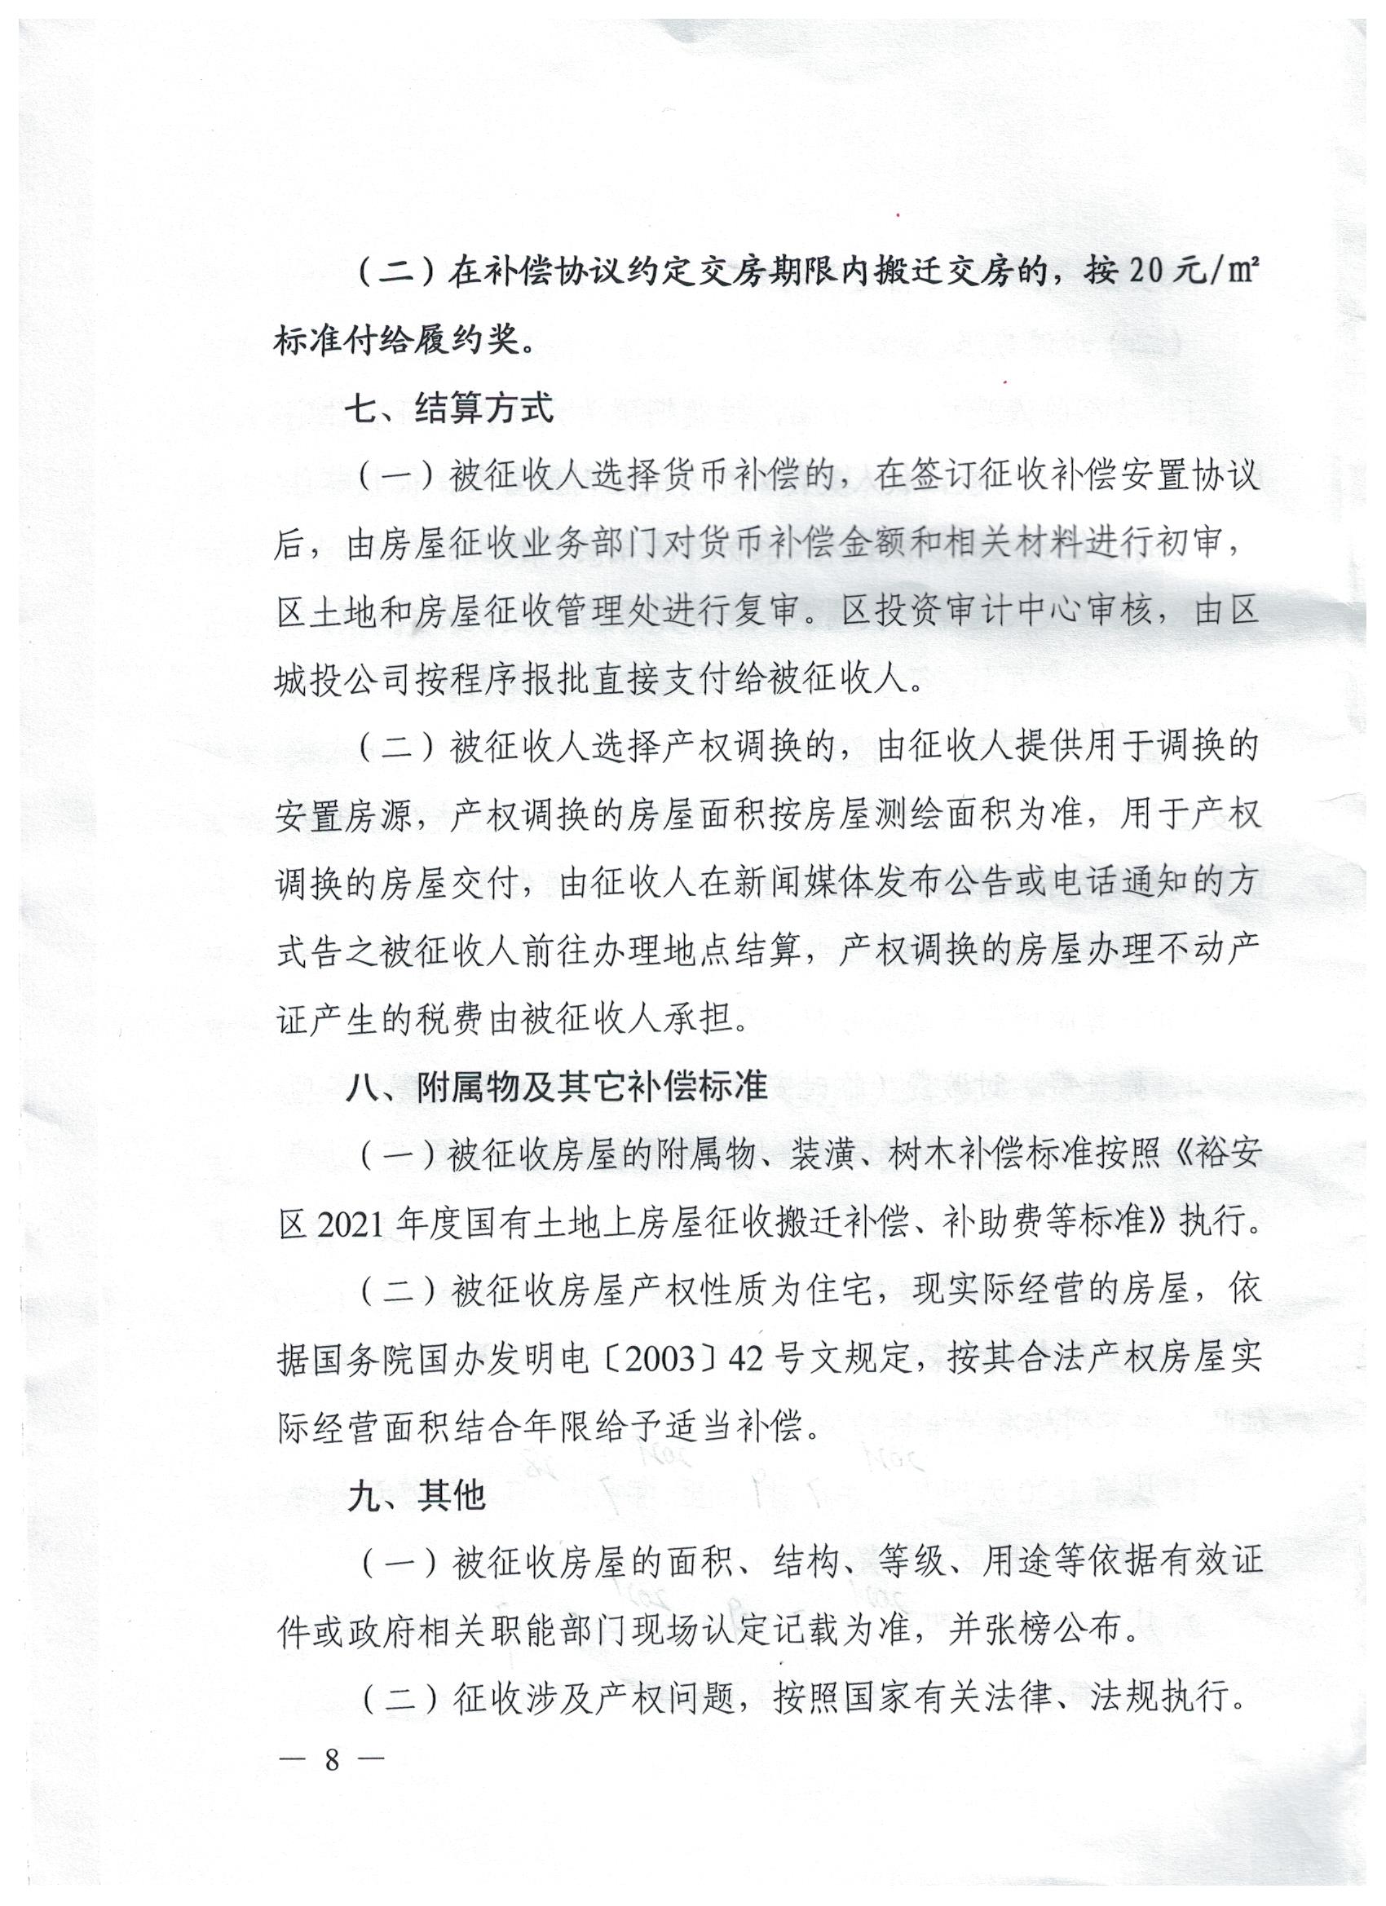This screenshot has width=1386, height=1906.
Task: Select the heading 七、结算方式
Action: click(x=451, y=409)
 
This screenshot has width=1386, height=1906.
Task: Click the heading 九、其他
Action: click(x=416, y=1496)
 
